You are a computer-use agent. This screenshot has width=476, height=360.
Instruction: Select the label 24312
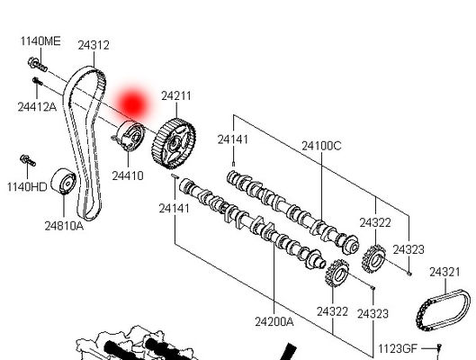coord(93,44)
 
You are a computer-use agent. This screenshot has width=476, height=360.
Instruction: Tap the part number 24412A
coord(36,107)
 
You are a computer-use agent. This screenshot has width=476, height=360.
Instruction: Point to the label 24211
coord(176,95)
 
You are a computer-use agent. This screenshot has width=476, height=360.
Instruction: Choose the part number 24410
coord(127,175)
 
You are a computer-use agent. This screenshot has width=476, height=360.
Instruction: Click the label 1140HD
coord(26,187)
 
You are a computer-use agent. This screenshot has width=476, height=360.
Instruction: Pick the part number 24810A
coord(64,225)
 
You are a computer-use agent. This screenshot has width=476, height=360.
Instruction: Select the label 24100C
coord(321,144)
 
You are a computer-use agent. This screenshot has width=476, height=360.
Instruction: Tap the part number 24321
coord(445,271)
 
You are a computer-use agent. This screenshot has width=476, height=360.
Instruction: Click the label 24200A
coord(274,320)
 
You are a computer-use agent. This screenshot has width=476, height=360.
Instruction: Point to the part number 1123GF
coord(397,347)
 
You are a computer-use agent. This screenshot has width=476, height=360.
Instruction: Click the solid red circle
coord(134,103)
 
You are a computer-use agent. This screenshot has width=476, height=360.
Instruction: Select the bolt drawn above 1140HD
coord(26,162)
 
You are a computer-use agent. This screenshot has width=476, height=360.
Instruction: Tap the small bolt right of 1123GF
coord(437,348)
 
